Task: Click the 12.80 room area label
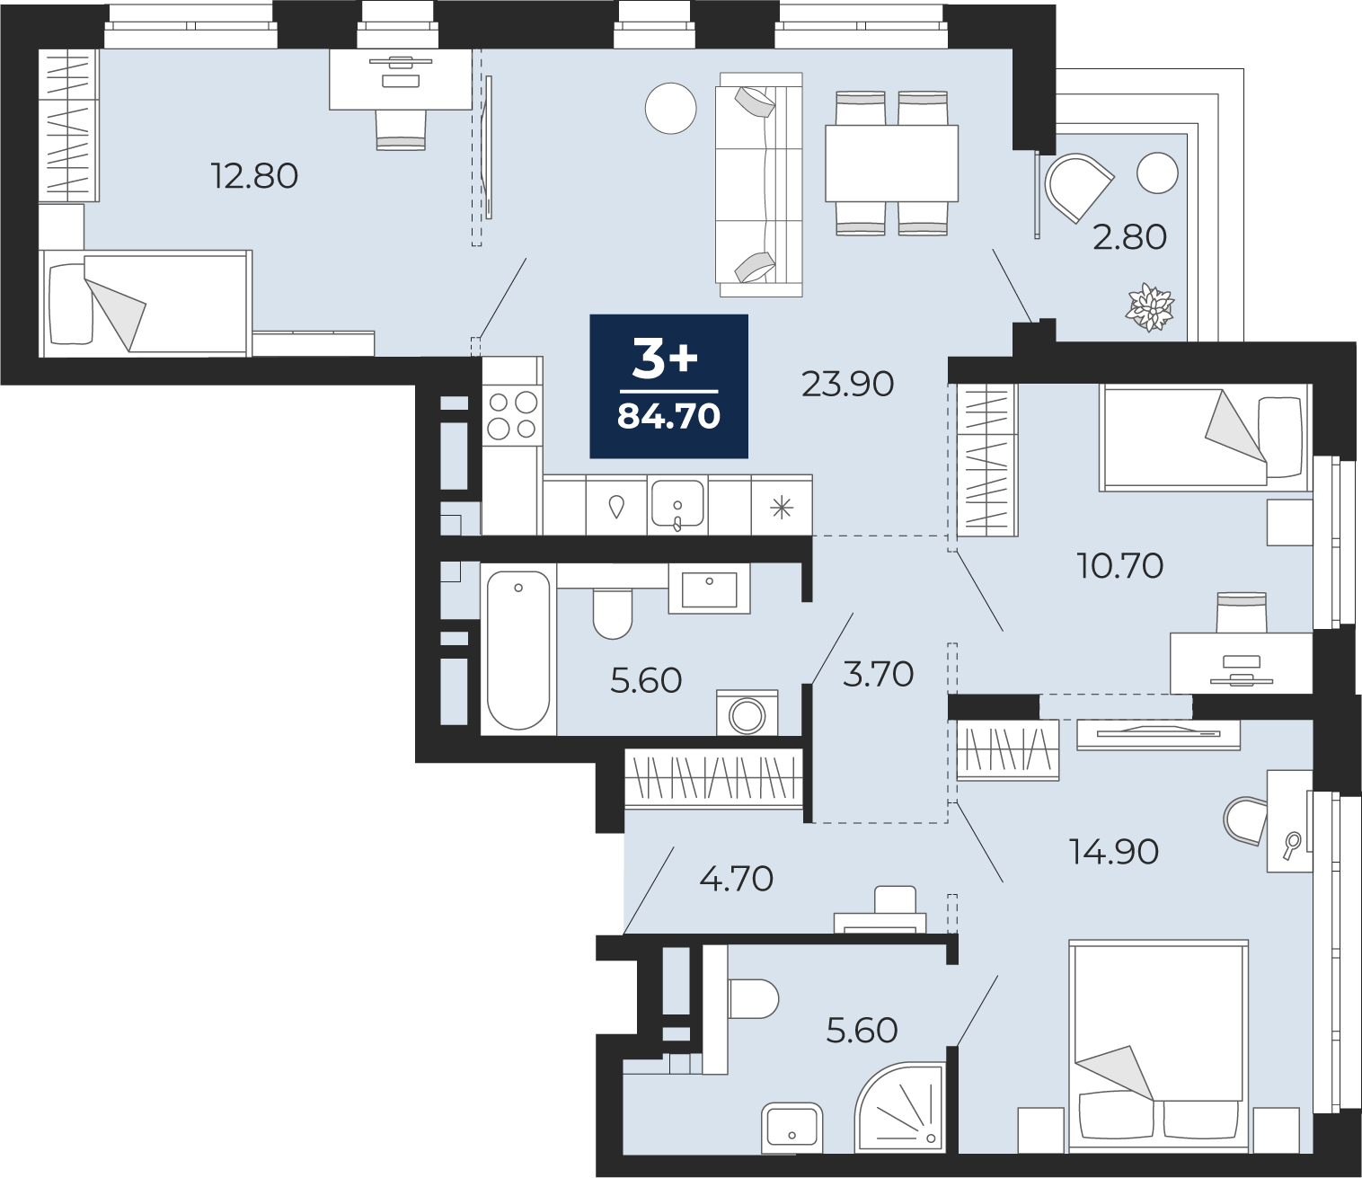coord(254,176)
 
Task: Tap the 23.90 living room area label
coord(847,384)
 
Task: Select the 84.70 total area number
coord(668,417)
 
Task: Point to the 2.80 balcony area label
coord(1129,237)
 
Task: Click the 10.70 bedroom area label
coord(1119,565)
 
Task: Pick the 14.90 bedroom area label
coord(1114,853)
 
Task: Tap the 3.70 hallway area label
coord(878,675)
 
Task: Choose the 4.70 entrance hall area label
coord(736,879)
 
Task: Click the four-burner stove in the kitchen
coord(512,415)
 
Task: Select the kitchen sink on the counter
coord(677,504)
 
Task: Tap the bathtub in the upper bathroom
coord(518,650)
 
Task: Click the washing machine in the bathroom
coord(747,713)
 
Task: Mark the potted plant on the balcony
coord(1151,307)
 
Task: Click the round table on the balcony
coord(1157,173)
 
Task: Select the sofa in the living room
coord(759,184)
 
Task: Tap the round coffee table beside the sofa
coord(671,109)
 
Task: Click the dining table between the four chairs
coord(891,163)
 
